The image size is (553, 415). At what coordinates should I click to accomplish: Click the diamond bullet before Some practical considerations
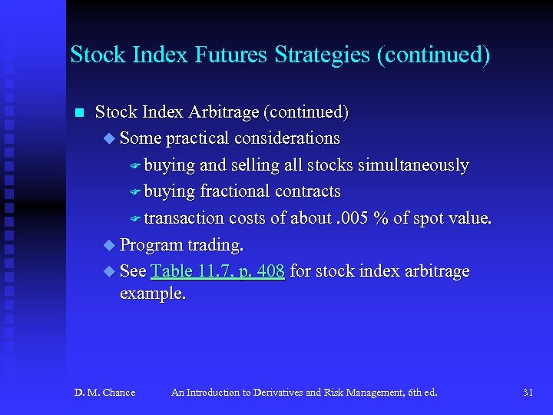click(x=108, y=139)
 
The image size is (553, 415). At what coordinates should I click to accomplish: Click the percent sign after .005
click(x=379, y=218)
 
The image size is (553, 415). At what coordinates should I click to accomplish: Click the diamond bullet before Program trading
click(x=108, y=245)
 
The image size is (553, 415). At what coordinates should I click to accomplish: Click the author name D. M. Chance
click(x=104, y=393)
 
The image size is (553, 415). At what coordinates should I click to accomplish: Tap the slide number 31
click(x=528, y=393)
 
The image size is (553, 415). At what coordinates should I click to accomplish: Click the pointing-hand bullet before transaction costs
click(x=135, y=219)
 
